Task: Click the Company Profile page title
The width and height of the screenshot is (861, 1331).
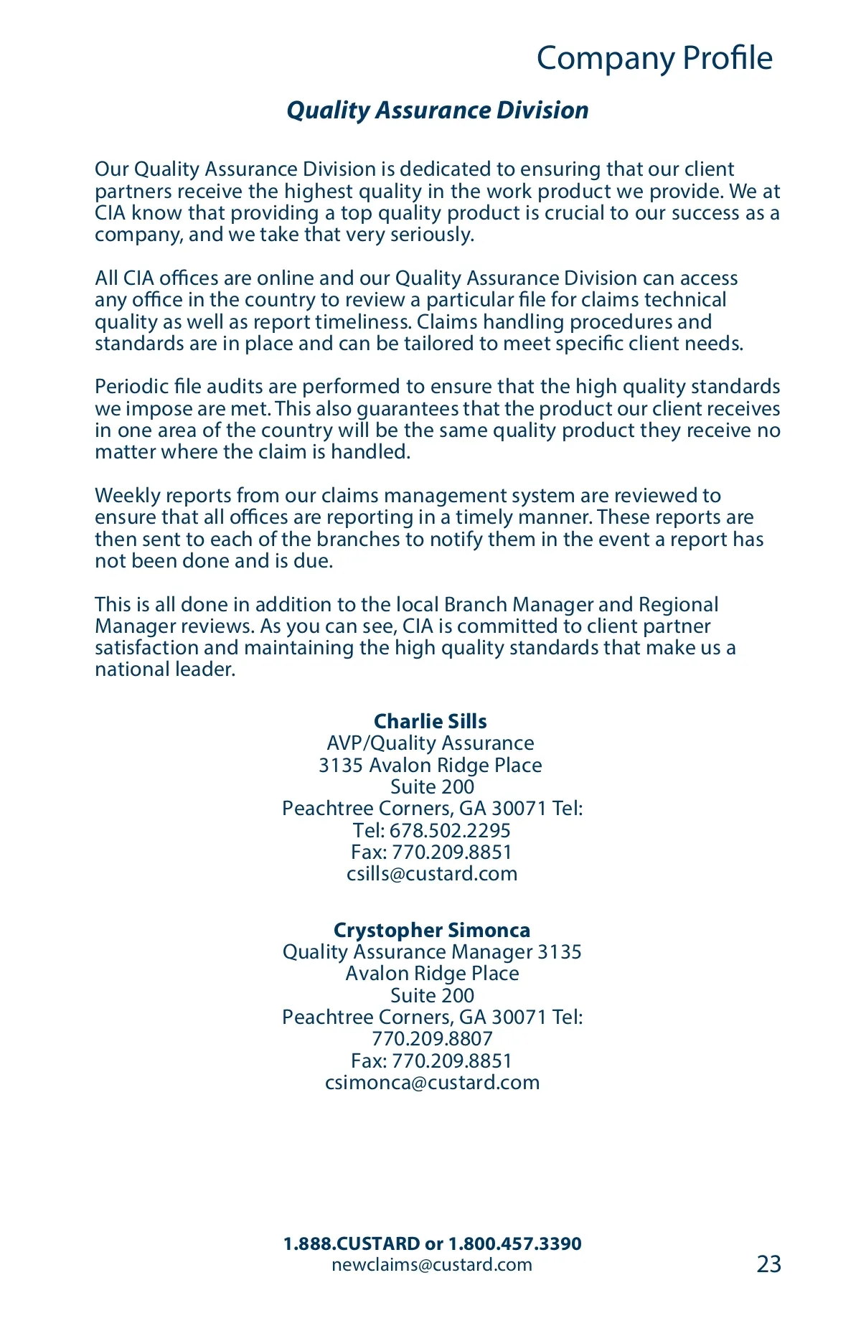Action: (x=654, y=58)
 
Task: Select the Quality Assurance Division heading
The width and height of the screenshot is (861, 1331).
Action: (x=438, y=110)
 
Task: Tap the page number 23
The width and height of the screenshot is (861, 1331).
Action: (x=768, y=1264)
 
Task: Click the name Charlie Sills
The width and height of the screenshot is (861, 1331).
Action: (x=430, y=721)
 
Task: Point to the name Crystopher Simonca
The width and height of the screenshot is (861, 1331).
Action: (x=432, y=930)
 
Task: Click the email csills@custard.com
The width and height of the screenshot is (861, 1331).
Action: (x=432, y=874)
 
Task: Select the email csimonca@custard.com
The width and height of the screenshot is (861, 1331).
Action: (x=432, y=1082)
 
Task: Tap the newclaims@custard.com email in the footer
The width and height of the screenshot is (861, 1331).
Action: (x=432, y=1264)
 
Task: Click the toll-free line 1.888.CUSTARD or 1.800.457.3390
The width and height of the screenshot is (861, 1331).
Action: (x=432, y=1243)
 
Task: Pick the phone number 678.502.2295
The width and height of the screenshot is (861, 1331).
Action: (x=450, y=831)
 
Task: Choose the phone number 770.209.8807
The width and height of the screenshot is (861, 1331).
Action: (x=432, y=1039)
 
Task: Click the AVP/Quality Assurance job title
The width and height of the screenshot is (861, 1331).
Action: (x=430, y=743)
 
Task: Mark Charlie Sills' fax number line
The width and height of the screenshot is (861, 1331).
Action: (x=432, y=852)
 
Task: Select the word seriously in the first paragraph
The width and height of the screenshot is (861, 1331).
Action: (x=432, y=235)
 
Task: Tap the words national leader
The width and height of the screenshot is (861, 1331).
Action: (x=165, y=669)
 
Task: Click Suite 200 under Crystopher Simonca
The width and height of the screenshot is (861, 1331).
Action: (x=432, y=996)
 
